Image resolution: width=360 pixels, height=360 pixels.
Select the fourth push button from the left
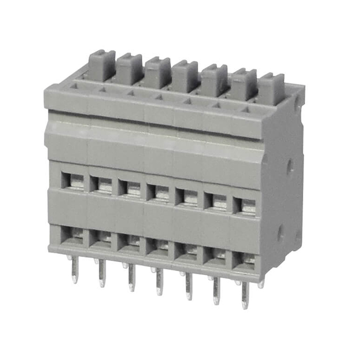[x=185, y=75]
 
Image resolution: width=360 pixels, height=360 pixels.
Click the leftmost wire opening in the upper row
[x=74, y=181]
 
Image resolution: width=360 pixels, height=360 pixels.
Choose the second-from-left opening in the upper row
[x=102, y=184]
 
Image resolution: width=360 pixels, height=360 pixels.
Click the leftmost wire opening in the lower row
[x=73, y=235]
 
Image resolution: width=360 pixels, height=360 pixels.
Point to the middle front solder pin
[x=159, y=281]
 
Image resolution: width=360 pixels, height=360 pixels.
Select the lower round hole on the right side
[x=280, y=232]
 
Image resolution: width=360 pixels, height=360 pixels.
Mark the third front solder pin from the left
[x=131, y=277]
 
